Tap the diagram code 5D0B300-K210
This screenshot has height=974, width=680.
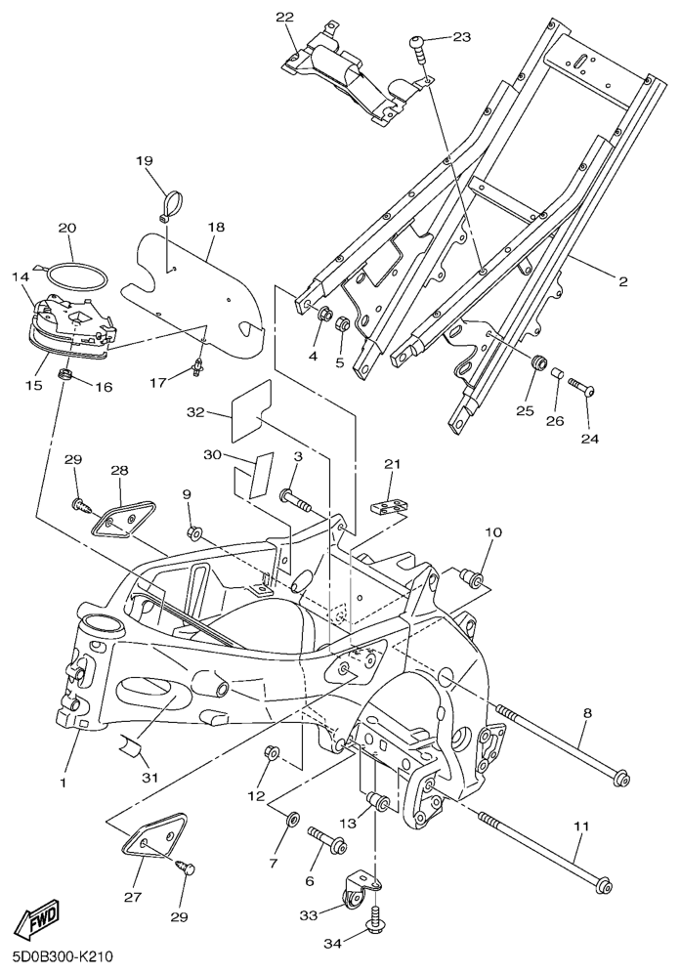pos(63,953)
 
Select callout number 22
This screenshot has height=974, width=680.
pos(284,18)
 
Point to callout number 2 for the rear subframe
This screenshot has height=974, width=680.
pos(622,281)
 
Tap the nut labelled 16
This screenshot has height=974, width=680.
pos(66,376)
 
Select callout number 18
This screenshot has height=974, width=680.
pos(216,227)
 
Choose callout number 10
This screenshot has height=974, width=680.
pos(492,532)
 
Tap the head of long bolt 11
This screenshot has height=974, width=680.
pos(604,886)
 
